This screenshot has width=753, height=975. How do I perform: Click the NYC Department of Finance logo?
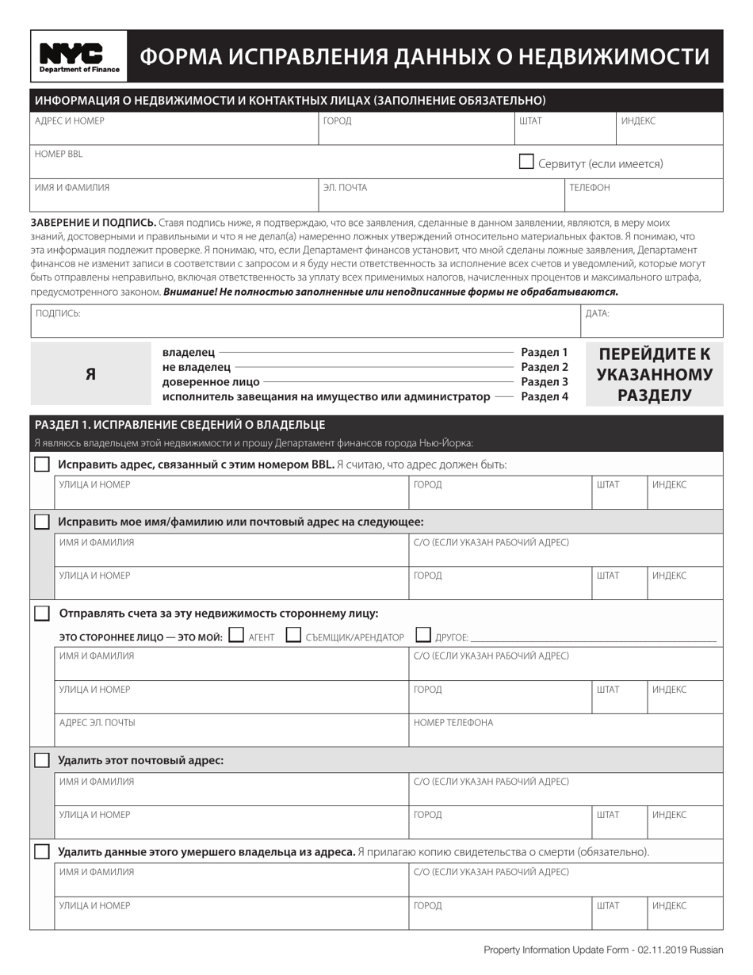(79, 56)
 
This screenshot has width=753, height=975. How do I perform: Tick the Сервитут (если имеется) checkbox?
(526, 162)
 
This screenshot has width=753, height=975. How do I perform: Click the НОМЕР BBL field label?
(59, 155)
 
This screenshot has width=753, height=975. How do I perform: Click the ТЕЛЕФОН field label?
(590, 188)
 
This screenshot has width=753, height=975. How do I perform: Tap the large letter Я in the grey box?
(90, 374)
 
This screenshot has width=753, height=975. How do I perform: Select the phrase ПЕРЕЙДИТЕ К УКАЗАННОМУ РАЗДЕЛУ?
(654, 374)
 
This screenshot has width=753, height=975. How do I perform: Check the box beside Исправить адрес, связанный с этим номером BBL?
(42, 465)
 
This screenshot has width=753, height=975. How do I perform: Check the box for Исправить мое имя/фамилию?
(42, 522)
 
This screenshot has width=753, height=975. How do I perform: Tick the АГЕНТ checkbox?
(235, 635)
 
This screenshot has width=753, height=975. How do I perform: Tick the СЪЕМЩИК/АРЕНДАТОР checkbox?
(293, 635)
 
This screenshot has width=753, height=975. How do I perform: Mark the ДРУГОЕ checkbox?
(423, 635)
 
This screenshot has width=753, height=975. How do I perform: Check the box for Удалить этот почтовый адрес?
(42, 760)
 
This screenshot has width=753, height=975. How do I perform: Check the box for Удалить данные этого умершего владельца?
(42, 852)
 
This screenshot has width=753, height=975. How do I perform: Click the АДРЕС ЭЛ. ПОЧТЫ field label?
(97, 723)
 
